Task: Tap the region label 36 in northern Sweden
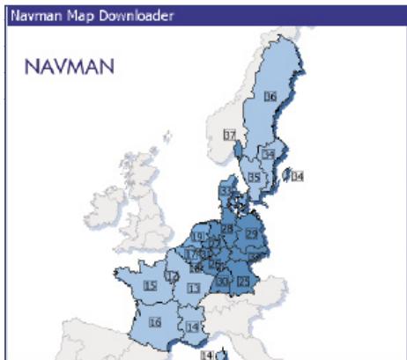tap(270, 96)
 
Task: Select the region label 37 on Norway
tap(229, 136)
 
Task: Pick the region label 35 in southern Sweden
tap(254, 177)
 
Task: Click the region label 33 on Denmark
tap(226, 191)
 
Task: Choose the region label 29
tap(251, 233)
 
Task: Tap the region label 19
tap(199, 237)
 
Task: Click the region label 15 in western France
tap(151, 285)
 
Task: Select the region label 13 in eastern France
tap(193, 288)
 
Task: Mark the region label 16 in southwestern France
tap(156, 322)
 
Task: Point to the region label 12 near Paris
tap(173, 276)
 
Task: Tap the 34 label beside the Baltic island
tap(298, 177)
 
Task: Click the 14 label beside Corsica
tap(206, 355)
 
